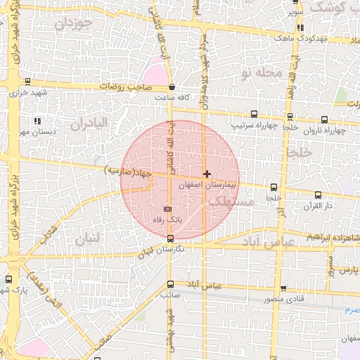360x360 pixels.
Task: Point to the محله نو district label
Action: tap(261, 72)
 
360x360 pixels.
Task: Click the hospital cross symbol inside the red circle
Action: tap(206, 173)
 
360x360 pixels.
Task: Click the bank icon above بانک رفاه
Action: tap(167, 210)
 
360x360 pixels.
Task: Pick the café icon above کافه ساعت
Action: tap(172, 87)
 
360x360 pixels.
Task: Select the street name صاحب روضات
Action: tap(125, 86)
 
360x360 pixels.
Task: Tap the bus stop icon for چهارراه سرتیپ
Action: tap(254, 115)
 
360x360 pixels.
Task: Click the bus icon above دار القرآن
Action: tap(318, 195)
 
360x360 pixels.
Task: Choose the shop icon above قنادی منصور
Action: tap(283, 288)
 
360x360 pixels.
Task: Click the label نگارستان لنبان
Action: tap(161, 250)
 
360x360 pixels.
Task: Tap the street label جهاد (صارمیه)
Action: tap(128, 171)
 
